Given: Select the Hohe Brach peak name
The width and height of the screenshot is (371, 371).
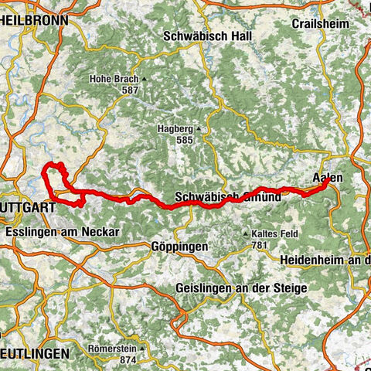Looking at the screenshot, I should tap(114, 79).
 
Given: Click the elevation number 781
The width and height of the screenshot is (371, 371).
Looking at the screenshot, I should tap(263, 245).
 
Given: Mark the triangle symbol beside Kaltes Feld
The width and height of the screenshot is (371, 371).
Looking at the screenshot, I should tap(247, 233).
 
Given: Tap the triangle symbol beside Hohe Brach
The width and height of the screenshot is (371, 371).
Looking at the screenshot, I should tap(144, 79).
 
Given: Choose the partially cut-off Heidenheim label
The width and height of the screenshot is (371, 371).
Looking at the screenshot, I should tap(325, 260).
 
